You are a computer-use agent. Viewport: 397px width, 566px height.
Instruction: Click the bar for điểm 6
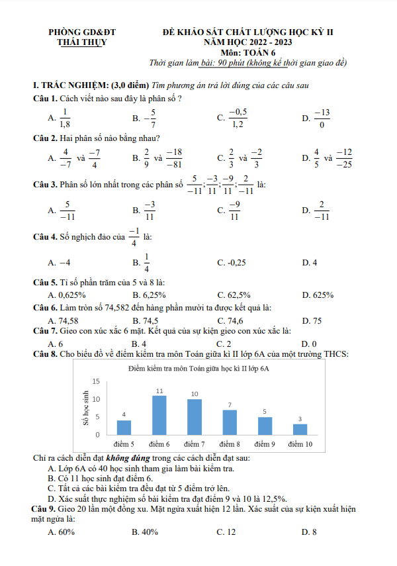(x=159, y=415)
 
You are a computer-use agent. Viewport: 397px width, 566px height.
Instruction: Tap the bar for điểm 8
(x=230, y=422)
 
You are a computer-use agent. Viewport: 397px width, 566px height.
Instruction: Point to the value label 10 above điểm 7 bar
(x=195, y=394)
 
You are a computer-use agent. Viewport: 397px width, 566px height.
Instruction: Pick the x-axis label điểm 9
(x=265, y=443)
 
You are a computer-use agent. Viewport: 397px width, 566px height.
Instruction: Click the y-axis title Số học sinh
(x=85, y=408)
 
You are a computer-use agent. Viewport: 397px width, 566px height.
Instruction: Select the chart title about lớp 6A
(x=198, y=368)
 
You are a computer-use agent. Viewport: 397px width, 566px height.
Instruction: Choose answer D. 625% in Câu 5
(x=318, y=295)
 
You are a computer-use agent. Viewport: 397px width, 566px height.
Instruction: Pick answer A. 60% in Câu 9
(x=62, y=532)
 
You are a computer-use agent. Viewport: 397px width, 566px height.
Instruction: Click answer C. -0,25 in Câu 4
(x=232, y=263)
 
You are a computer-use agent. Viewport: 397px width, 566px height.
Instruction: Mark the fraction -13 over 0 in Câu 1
(x=322, y=118)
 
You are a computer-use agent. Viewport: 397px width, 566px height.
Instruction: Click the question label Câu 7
(x=44, y=330)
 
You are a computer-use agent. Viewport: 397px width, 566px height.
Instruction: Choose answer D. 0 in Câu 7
(x=309, y=344)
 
